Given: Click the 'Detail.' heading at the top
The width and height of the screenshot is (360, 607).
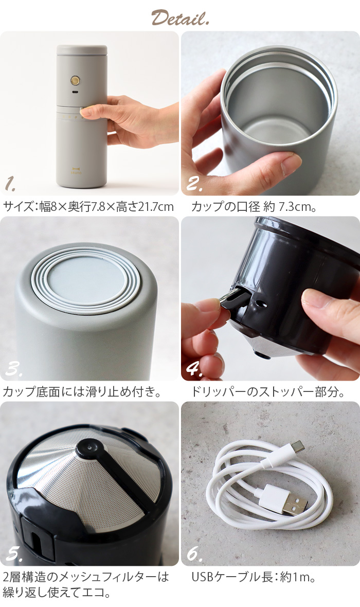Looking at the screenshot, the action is pyautogui.click(x=180, y=18).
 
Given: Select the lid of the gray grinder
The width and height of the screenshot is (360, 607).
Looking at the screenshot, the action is pyautogui.click(x=82, y=50).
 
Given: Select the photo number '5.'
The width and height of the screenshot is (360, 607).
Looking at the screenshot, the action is pyautogui.click(x=14, y=554).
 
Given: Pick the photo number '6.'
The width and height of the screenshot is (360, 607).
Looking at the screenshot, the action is pyautogui.click(x=194, y=554).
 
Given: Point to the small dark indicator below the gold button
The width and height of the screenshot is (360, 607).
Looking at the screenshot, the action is pyautogui.click(x=75, y=93).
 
